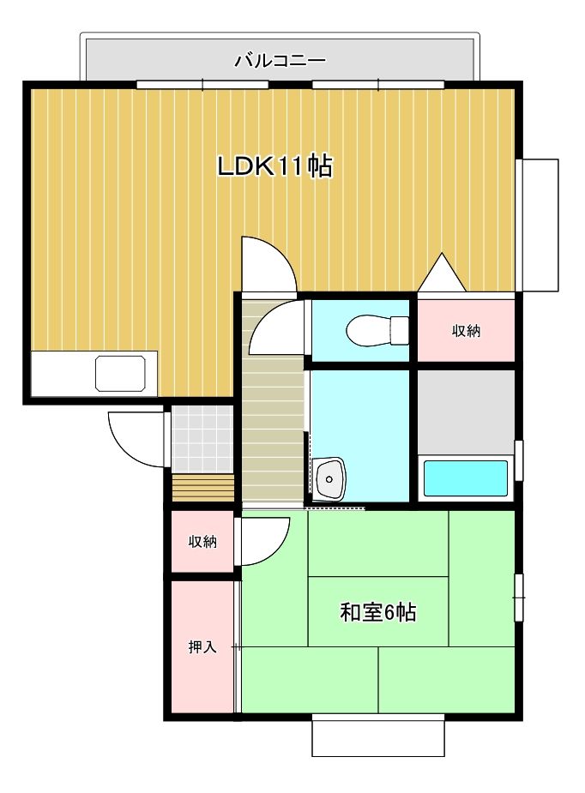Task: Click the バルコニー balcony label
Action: point(280,61)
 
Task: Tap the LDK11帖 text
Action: point(274,166)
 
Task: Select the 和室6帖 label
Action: point(378,613)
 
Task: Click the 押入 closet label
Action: point(202,647)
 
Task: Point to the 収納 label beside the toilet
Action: point(467,331)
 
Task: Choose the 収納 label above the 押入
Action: point(202,542)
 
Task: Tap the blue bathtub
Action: point(466,478)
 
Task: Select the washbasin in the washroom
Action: point(329,478)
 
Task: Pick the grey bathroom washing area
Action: point(466,412)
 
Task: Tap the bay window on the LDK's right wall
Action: point(540,225)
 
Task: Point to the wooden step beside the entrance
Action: point(202,488)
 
